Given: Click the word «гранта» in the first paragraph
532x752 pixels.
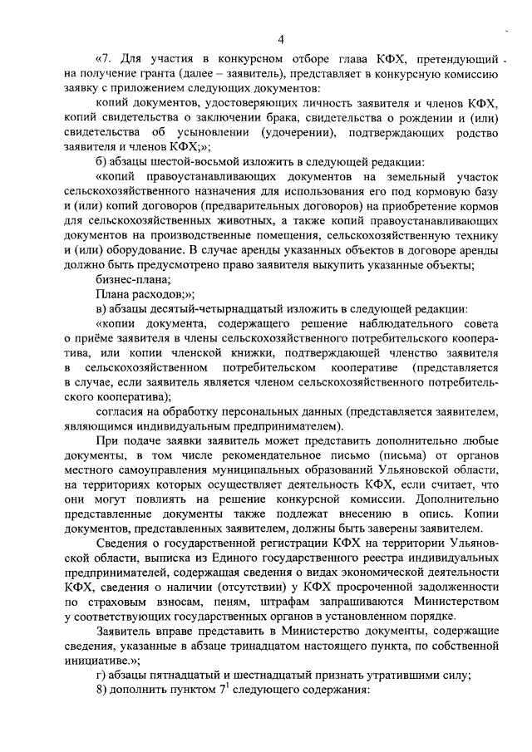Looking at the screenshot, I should click(x=154, y=73).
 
